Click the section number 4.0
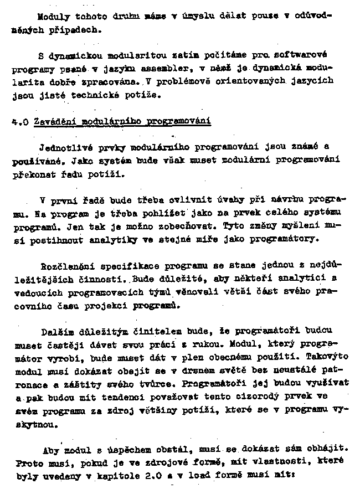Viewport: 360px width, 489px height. point(20,121)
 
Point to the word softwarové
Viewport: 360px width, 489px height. point(302,55)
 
